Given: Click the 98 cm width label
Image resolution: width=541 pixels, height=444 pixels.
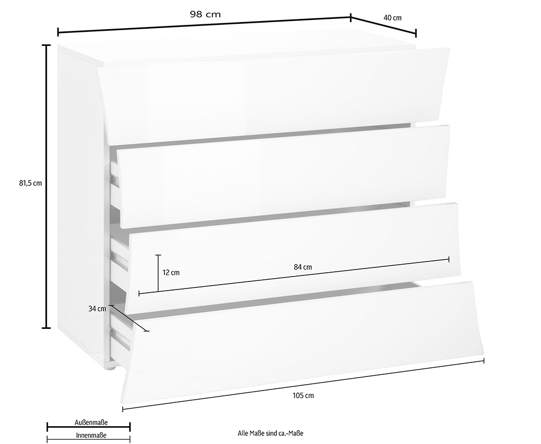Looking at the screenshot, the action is pyautogui.click(x=205, y=14).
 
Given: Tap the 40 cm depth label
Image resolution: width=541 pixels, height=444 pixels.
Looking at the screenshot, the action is pyautogui.click(x=392, y=18).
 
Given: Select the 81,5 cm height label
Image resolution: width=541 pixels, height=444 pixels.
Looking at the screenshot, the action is pyautogui.click(x=30, y=183).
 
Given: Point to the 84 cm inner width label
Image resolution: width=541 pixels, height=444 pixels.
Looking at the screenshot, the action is pyautogui.click(x=302, y=267).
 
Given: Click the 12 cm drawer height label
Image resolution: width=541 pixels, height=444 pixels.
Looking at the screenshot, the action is pyautogui.click(x=171, y=272).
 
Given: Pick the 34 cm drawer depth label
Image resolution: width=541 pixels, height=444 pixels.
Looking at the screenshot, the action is pyautogui.click(x=97, y=308).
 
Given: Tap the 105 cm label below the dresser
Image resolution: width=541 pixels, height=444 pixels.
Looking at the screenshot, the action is pyautogui.click(x=304, y=395).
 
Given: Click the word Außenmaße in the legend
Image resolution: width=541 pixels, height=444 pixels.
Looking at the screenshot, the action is pyautogui.click(x=91, y=422).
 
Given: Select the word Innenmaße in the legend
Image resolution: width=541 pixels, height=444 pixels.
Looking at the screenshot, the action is pyautogui.click(x=91, y=435).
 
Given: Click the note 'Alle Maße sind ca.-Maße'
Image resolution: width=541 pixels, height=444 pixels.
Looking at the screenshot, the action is pyautogui.click(x=270, y=433).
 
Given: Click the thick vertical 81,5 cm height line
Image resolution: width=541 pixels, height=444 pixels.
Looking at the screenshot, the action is pyautogui.click(x=46, y=186).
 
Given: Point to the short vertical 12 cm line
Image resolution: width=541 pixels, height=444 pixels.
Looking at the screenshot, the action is pyautogui.click(x=159, y=273).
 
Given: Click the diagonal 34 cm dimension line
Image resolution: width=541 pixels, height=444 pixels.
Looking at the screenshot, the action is pyautogui.click(x=129, y=318).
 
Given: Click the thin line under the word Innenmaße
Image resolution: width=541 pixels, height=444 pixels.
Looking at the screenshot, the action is pyautogui.click(x=89, y=440).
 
